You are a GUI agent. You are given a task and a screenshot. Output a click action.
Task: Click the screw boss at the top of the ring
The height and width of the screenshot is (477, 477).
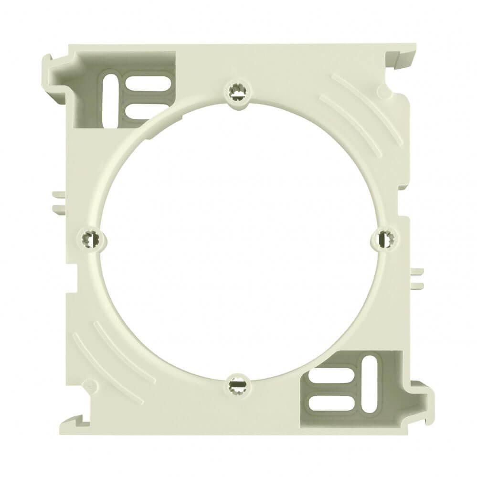(x=237, y=90)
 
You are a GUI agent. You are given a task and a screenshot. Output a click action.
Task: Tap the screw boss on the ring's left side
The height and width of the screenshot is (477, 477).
(x=89, y=237)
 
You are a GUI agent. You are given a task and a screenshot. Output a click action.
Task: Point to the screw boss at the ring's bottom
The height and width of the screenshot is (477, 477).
(x=236, y=383)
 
